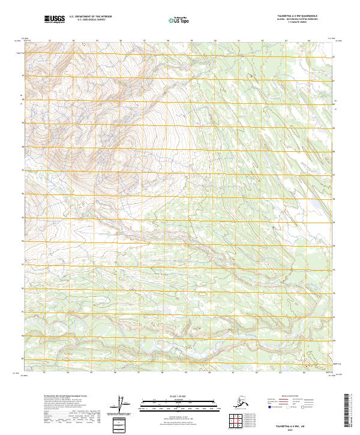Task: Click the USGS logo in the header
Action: (x=55, y=20)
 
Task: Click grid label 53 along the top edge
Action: (x=50, y=41)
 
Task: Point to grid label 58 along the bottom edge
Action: (x=167, y=373)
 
